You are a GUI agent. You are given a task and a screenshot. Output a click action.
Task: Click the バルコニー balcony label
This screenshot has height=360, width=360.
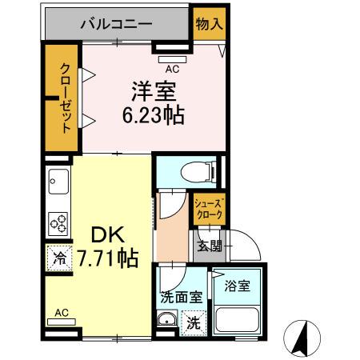click(115, 24)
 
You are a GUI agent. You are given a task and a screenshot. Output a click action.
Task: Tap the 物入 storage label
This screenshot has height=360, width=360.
click(209, 23)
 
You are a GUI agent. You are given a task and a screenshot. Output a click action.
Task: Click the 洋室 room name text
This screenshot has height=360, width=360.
click(148, 90)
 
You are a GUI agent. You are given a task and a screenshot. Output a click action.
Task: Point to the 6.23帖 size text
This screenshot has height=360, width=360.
click(153, 116)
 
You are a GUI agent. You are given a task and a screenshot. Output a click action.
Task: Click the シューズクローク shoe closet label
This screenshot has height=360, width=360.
click(208, 210)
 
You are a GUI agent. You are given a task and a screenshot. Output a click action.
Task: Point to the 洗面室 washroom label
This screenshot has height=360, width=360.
click(181, 297)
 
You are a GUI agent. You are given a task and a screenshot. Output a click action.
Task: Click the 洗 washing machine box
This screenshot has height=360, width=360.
click(194, 325)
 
